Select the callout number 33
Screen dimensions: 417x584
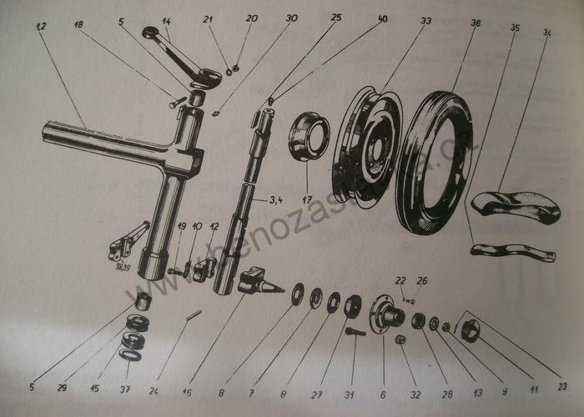(426, 20)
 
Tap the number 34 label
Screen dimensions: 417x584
(547, 33)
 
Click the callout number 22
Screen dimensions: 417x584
(400, 280)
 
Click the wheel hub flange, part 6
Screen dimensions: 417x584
(385, 318)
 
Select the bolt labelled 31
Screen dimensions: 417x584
(354, 332)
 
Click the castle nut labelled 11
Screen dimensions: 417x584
(471, 329)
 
